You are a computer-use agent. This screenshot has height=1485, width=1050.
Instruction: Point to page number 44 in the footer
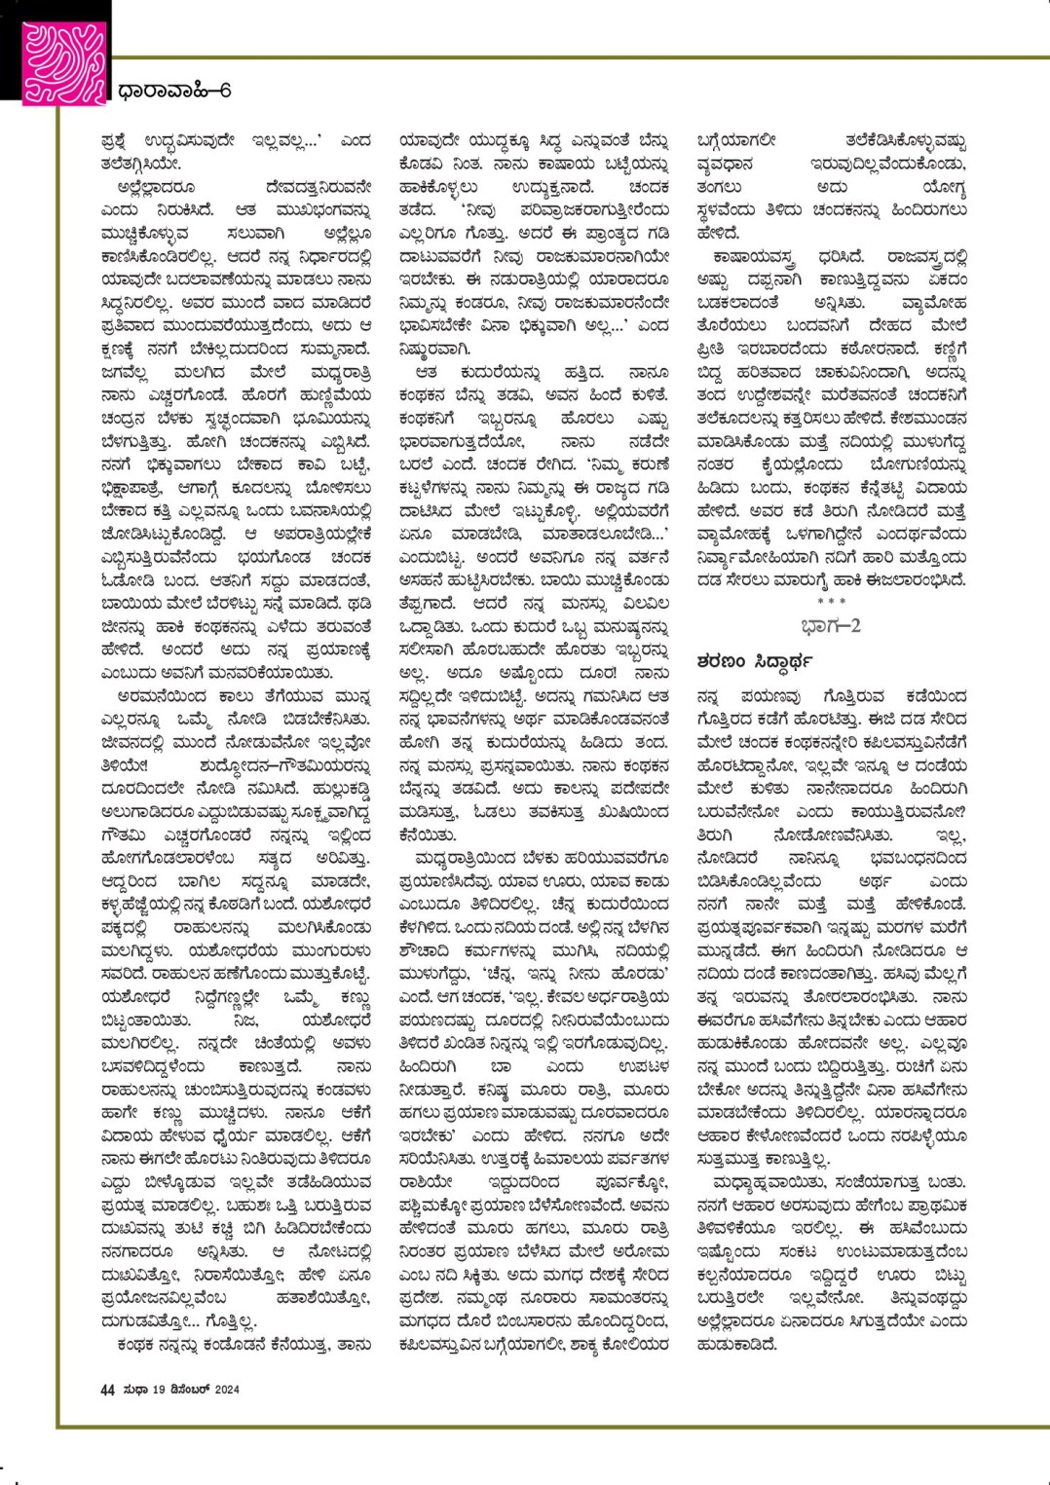(107, 1389)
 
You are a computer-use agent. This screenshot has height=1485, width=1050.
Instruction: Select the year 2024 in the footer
(226, 1389)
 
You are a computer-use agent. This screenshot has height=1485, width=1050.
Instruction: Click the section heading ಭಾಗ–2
(830, 625)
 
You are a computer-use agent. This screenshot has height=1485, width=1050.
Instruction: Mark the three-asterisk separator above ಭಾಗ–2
(831, 602)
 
